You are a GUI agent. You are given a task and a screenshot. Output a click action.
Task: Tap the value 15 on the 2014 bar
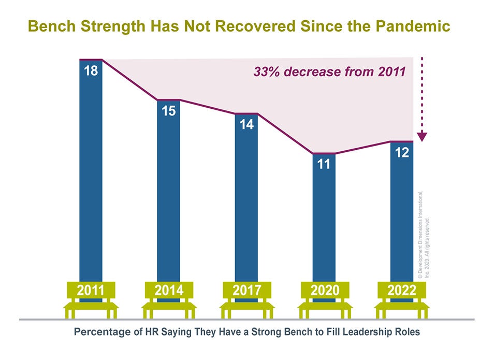tap(168, 110)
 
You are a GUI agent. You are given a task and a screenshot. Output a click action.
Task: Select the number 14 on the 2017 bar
tap(246, 124)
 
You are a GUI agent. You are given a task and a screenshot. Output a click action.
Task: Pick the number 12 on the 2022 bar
tap(402, 153)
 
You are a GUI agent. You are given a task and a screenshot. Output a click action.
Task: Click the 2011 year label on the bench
tap(91, 291)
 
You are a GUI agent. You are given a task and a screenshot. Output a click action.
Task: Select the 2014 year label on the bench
tap(169, 291)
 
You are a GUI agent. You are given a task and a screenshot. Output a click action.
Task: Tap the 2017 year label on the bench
tap(246, 291)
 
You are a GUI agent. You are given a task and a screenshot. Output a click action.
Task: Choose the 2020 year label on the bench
tap(324, 291)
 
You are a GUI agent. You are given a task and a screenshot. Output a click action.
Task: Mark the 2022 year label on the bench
tap(402, 291)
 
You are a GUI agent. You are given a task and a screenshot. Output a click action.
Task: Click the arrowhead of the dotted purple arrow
tap(422, 137)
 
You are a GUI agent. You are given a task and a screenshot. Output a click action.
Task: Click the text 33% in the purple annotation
tap(266, 72)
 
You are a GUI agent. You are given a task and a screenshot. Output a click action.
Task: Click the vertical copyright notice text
tap(423, 228)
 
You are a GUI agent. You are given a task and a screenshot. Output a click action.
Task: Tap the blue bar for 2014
tap(169, 207)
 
